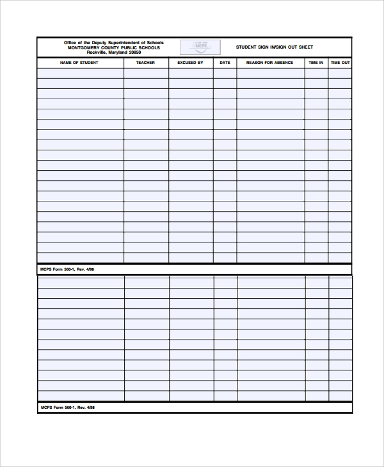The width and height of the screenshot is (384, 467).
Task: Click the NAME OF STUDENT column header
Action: (79, 63)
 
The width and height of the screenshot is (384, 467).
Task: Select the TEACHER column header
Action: (145, 63)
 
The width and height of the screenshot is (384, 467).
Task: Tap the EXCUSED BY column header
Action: (190, 63)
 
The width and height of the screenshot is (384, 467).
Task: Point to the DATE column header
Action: (225, 63)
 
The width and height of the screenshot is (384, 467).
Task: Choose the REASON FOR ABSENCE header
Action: (270, 63)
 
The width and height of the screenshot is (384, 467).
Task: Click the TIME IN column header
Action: (316, 63)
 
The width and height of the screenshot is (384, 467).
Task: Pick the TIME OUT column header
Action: (340, 63)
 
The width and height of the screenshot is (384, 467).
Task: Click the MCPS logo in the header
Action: (200, 47)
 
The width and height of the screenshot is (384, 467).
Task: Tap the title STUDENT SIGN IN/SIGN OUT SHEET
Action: (275, 47)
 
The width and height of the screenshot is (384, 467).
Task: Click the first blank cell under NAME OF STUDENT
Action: (80, 74)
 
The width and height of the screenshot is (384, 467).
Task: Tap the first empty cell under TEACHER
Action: (146, 74)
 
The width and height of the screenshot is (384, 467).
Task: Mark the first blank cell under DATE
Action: (225, 74)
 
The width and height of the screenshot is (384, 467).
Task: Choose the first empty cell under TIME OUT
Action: (340, 74)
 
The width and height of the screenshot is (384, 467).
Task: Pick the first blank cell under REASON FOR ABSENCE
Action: (270, 74)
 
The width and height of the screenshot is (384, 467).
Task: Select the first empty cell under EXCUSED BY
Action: (191, 74)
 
